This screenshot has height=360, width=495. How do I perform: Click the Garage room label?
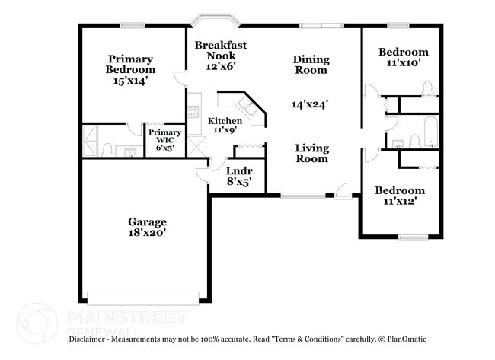(x=147, y=222)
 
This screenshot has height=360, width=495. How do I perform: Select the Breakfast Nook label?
(x=215, y=51)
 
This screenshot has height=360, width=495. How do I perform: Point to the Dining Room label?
(x=311, y=65)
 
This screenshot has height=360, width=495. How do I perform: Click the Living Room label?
(x=311, y=153)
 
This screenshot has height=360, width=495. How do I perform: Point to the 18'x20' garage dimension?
(x=147, y=233)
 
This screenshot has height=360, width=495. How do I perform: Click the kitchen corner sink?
(x=248, y=104)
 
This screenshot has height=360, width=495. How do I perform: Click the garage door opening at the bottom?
(x=146, y=297)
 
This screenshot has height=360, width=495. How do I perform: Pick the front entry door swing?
(x=344, y=190)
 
